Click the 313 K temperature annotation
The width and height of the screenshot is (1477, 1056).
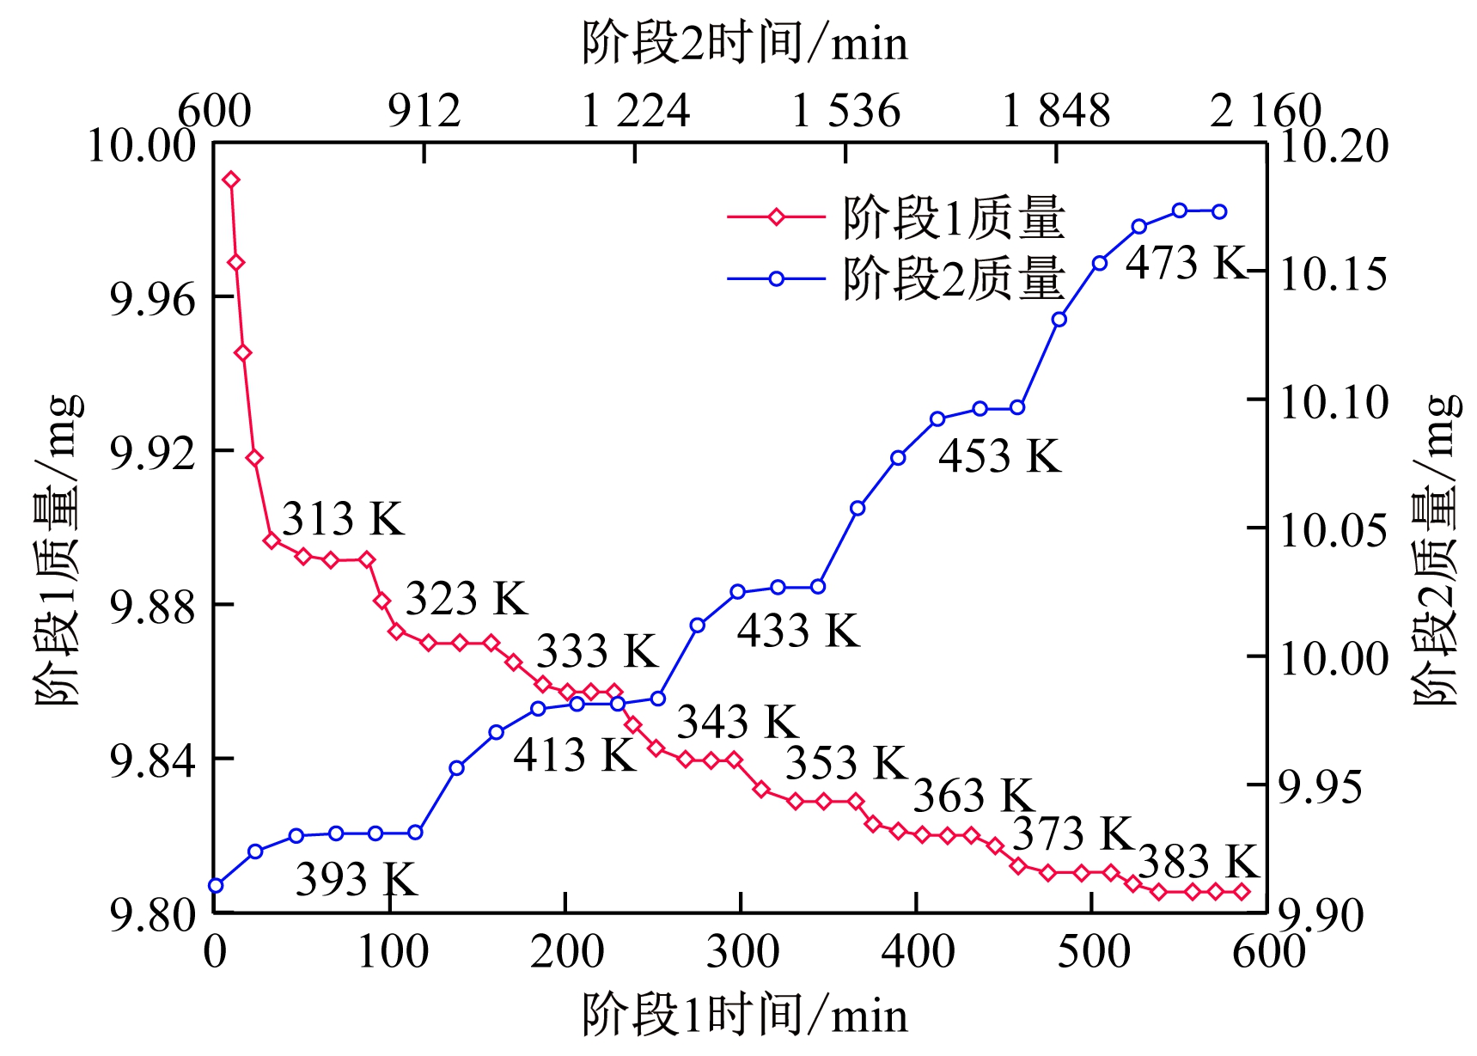point(343,519)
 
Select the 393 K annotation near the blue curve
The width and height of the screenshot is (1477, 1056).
point(357,879)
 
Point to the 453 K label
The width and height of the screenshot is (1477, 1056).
point(999,455)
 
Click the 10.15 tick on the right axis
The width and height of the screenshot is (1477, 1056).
point(1334,273)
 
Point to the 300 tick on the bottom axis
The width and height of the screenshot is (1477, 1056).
point(742,952)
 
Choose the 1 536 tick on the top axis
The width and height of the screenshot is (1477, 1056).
point(845,112)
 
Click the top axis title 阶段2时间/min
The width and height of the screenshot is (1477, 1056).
point(744,43)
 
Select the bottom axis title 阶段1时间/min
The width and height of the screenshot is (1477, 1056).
point(744,1015)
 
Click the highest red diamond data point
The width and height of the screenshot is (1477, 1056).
point(231,180)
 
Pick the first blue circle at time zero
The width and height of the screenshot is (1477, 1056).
point(216,886)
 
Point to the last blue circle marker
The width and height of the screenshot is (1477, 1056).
point(1219,211)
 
